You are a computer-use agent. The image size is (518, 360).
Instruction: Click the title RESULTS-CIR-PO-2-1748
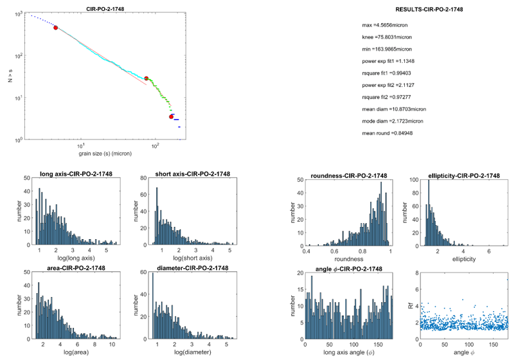click(x=429, y=10)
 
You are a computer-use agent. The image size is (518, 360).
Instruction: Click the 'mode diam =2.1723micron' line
click(x=390, y=121)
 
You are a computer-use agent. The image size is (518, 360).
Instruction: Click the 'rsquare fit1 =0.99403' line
click(x=388, y=73)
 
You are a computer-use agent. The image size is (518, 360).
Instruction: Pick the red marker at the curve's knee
click(x=147, y=78)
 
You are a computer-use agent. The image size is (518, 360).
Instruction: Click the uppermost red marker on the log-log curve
click(x=56, y=28)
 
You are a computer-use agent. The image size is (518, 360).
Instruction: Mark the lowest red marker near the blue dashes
click(x=172, y=116)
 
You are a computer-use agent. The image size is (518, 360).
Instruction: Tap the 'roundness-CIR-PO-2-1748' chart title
click(x=348, y=175)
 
